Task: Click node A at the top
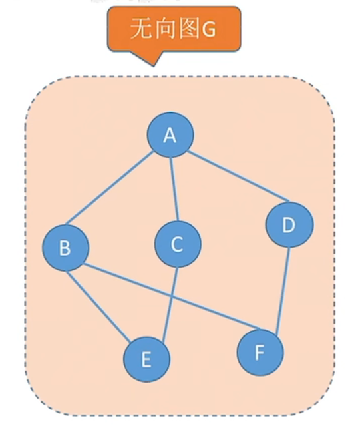click(170, 134)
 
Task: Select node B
click(66, 248)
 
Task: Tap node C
click(178, 244)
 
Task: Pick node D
click(289, 224)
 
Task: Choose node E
click(146, 359)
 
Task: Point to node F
click(260, 353)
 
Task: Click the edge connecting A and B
click(110, 188)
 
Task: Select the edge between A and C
click(174, 189)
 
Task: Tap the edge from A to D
click(238, 177)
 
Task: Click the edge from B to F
click(172, 297)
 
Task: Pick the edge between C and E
click(170, 304)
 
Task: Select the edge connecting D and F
click(283, 292)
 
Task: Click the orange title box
click(174, 29)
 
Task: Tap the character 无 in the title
click(140, 29)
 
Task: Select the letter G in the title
click(208, 29)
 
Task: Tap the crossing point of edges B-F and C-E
click(170, 296)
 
